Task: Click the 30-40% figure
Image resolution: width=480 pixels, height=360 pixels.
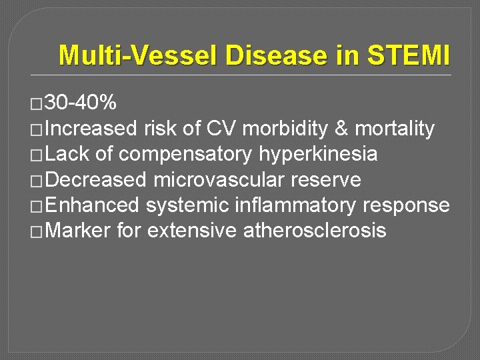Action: [81, 103]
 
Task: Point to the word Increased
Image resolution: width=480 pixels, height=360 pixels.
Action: [93, 129]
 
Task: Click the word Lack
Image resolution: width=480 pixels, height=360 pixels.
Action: [69, 155]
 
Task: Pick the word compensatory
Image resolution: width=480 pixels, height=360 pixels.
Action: [175, 155]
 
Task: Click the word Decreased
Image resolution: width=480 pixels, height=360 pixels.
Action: [97, 180]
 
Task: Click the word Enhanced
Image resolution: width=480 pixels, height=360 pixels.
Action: [93, 205]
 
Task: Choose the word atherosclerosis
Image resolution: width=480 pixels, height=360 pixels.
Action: [315, 231]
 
